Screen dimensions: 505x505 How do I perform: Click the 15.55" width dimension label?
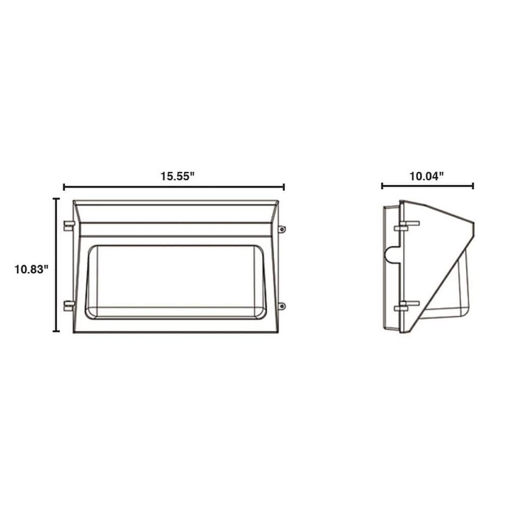tap(178, 177)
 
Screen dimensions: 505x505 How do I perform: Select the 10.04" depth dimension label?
tap(427, 176)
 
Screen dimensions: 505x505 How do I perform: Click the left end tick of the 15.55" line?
tap(64, 187)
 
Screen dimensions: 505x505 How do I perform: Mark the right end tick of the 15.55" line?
tap(284, 187)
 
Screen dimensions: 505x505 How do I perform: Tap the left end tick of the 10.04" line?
tap(382, 186)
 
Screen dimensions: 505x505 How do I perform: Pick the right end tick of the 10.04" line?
tap(473, 186)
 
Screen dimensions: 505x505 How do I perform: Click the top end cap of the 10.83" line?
tap(56, 199)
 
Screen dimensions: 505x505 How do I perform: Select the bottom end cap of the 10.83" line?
tap(56, 331)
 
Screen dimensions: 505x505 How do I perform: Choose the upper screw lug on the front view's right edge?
tap(282, 229)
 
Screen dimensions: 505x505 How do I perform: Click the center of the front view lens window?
tap(176, 282)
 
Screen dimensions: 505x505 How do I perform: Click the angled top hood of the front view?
tap(175, 212)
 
